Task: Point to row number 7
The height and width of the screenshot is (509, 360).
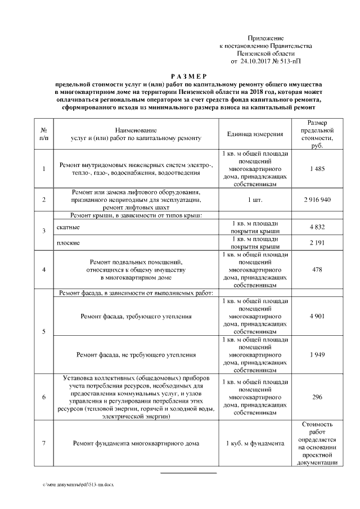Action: point(44,443)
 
